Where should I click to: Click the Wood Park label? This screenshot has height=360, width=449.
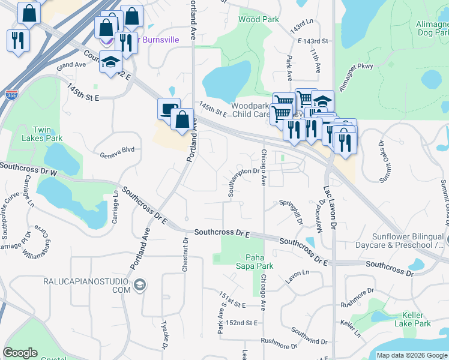259,19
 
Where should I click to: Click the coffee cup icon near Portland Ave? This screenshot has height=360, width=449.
168,109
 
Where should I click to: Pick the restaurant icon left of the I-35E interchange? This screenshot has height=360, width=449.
17,40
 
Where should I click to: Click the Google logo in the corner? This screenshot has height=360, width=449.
20,353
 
